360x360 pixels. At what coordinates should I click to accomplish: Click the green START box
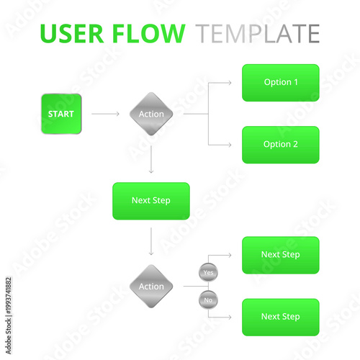61,114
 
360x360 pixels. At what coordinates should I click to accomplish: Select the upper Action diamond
151,114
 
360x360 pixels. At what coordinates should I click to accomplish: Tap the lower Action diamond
151,287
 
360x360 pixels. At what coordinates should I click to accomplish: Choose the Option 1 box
280,83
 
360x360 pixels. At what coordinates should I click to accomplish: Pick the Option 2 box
280,145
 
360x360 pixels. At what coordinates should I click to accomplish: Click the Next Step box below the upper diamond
151,201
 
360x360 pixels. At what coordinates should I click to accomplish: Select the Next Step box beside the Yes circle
280,255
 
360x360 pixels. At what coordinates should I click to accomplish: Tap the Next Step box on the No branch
280,317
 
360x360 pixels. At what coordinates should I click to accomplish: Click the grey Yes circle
208,273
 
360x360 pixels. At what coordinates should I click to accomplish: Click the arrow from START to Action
106,114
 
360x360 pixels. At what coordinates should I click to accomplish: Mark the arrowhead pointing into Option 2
230,145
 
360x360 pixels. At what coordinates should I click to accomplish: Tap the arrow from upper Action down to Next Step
151,159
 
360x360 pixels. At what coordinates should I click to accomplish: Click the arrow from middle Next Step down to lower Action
151,242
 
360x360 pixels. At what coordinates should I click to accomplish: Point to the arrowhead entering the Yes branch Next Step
230,255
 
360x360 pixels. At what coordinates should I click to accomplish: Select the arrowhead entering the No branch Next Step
230,317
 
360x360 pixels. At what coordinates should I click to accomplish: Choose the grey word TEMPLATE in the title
258,34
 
